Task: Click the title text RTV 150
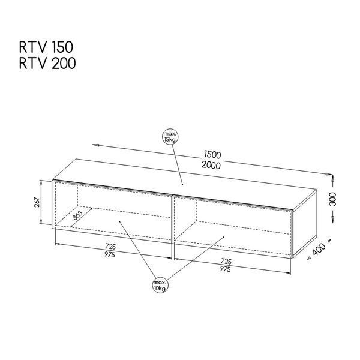(x=46, y=47)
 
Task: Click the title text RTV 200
(x=47, y=63)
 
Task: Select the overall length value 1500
(x=212, y=155)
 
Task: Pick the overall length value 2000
(x=211, y=166)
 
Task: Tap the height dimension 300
(x=332, y=199)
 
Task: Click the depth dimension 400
(x=319, y=249)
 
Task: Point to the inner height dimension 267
(x=37, y=202)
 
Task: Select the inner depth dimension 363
(x=77, y=215)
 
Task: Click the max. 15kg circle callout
(x=170, y=137)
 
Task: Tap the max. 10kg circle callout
(x=160, y=286)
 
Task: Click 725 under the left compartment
(x=110, y=247)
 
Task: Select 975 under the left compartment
(x=110, y=254)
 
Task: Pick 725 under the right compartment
(x=226, y=261)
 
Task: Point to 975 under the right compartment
(x=225, y=269)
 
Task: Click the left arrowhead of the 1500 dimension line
(x=95, y=145)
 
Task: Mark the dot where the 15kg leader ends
(x=182, y=184)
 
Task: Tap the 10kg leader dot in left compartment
(x=119, y=221)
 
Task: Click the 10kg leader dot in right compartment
(x=224, y=237)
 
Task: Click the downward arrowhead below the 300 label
(x=332, y=220)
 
